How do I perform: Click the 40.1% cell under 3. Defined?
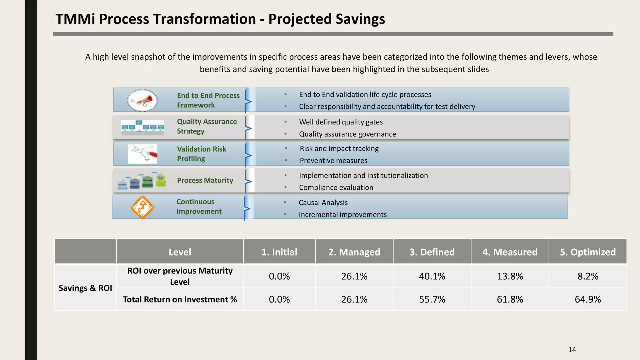point(432,276)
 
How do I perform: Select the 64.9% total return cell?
point(587,299)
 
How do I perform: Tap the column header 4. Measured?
point(510,252)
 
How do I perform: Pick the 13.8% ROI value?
point(510,276)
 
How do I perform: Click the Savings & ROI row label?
point(85,288)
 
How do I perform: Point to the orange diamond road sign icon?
point(142,207)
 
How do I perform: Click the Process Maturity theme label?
point(205,180)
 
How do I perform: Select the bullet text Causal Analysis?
point(323,202)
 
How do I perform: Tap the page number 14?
point(572,350)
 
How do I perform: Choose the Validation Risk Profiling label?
point(202,154)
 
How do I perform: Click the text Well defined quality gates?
point(341,122)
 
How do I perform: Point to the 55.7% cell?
point(432,299)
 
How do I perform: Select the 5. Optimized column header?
point(587,252)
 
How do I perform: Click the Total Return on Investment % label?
point(180,299)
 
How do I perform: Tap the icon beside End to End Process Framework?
point(142,100)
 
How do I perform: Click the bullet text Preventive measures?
point(333,161)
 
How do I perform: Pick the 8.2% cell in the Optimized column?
point(587,276)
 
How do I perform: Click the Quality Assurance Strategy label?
point(207,126)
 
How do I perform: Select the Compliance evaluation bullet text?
point(336,187)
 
